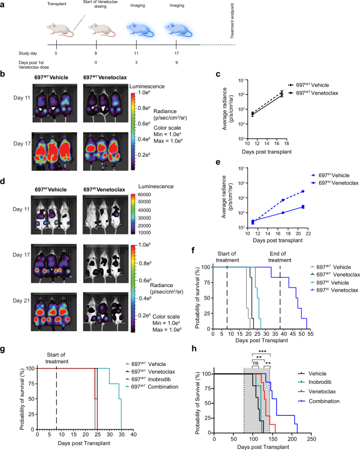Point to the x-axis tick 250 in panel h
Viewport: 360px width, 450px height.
[312, 439]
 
